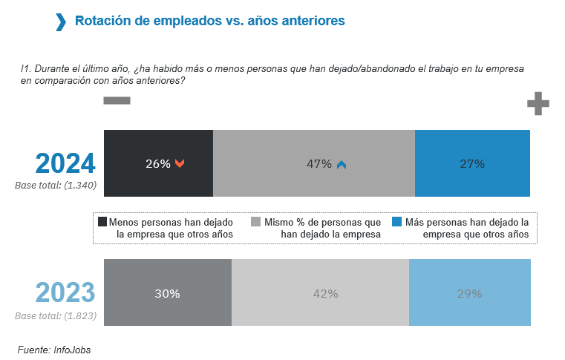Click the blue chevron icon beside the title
tap(61, 22)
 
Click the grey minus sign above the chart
tap(117, 100)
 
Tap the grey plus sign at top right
tap(538, 104)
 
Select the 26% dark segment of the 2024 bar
tap(158, 163)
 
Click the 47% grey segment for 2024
tap(313, 163)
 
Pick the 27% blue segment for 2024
tap(472, 163)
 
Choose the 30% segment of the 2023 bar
tap(168, 292)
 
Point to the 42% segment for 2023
tap(320, 292)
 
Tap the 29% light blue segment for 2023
tap(470, 292)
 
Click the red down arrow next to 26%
tap(180, 164)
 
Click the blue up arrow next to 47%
tap(342, 165)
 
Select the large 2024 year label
tap(66, 163)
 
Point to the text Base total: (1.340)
tap(56, 185)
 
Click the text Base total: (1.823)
tap(56, 315)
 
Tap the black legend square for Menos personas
tap(102, 222)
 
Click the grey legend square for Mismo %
tap(256, 222)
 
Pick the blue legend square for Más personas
tap(396, 222)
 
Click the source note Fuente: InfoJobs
tap(54, 349)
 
